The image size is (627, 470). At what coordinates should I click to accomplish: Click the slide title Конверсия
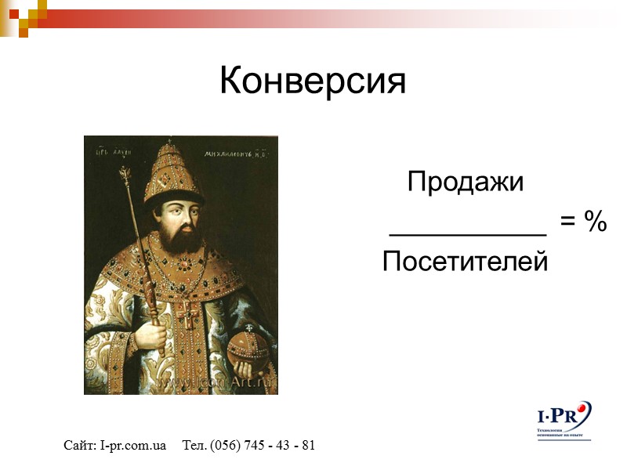313,81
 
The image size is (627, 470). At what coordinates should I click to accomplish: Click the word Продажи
465,183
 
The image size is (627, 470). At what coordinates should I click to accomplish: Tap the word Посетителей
465,261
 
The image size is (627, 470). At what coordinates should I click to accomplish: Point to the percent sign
595,222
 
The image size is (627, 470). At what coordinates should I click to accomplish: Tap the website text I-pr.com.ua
133,446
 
